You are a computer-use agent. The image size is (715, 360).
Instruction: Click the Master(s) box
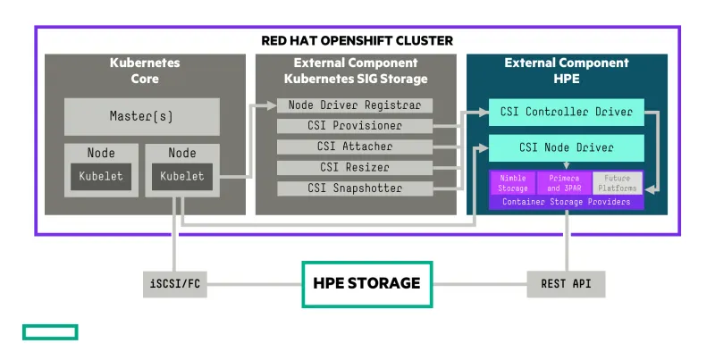142,116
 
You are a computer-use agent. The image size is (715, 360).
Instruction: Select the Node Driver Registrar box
355,105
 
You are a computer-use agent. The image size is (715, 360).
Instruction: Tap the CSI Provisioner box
355,126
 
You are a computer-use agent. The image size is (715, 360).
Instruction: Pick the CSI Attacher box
355,147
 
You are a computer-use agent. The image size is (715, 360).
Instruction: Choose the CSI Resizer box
355,167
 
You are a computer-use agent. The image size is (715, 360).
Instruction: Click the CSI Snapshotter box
355,188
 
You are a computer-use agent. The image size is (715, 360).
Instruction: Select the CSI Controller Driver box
567,113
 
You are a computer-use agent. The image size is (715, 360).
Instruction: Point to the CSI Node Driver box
567,147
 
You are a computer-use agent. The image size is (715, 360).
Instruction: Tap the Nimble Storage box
513,183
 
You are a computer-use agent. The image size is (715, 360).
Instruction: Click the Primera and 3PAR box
564,183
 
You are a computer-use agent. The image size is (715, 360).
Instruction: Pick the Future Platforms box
618,183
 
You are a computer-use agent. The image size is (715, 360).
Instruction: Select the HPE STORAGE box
366,283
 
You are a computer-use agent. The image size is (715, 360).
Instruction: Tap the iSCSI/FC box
175,284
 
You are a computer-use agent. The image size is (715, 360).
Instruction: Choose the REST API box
566,284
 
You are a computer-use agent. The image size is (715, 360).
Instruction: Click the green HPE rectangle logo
50,332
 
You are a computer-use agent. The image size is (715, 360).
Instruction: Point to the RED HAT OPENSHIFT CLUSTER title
357,40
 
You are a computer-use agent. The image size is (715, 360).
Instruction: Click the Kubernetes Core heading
145,71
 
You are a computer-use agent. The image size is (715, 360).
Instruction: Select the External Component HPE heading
567,71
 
